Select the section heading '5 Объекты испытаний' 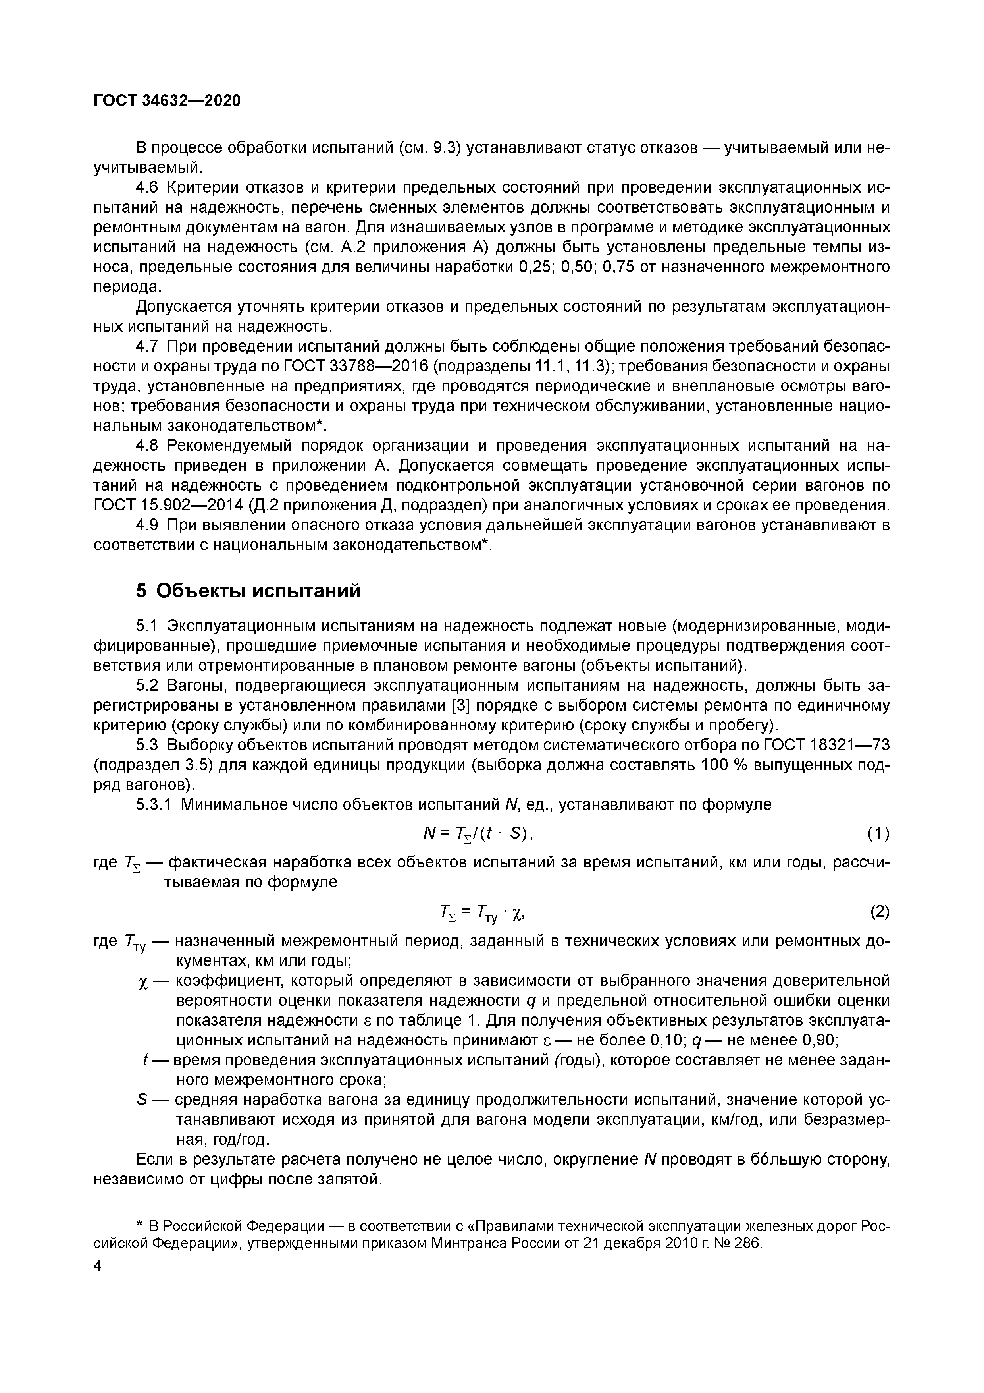pyautogui.click(x=248, y=590)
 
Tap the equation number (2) pyautogui.click(x=880, y=912)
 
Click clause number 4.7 pyautogui.click(x=147, y=346)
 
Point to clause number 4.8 pyautogui.click(x=147, y=446)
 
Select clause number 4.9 pyautogui.click(x=147, y=526)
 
